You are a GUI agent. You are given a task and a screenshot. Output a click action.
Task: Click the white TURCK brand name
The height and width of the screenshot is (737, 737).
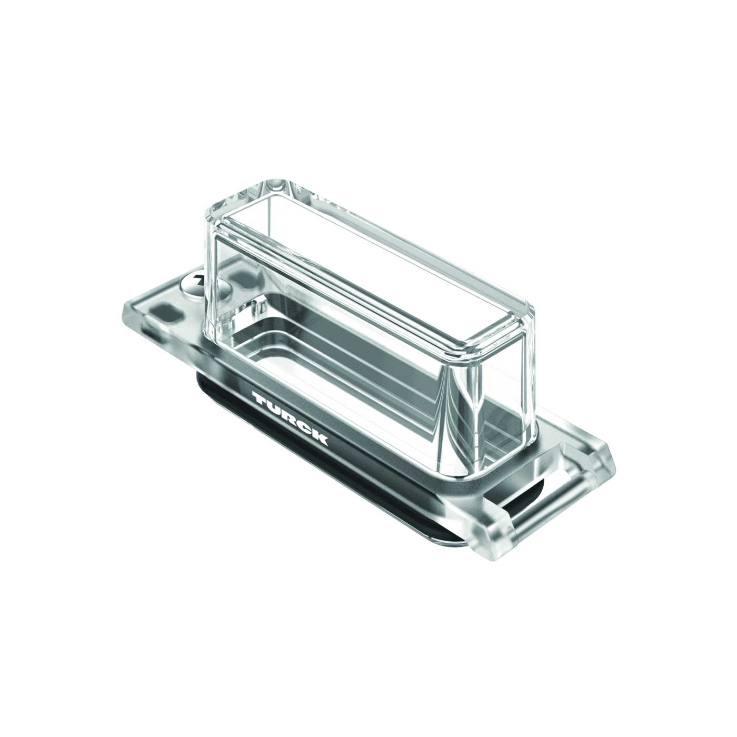(290, 418)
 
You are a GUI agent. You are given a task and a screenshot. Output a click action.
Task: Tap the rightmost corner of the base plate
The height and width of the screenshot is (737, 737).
(614, 463)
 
